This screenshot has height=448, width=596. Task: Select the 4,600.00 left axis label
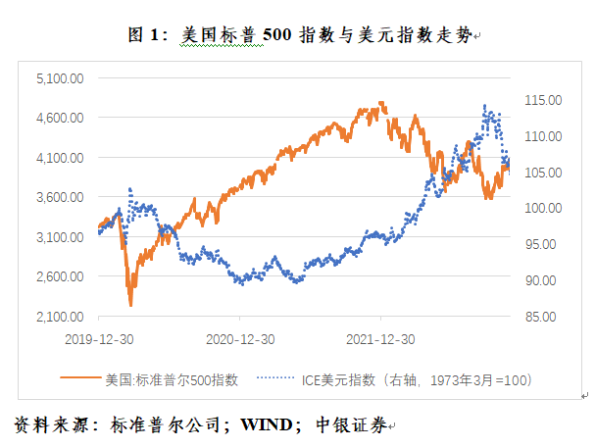coord(59,117)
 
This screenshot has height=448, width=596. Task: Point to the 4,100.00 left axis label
coord(59,157)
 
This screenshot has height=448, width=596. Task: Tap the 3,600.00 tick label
coord(59,197)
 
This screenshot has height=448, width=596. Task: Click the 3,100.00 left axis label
coord(59,237)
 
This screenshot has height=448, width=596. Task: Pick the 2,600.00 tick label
coord(59,276)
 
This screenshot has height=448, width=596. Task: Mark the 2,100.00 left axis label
coord(59,317)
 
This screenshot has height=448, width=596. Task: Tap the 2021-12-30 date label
coord(383,338)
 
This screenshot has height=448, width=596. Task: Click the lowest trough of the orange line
coord(130,305)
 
